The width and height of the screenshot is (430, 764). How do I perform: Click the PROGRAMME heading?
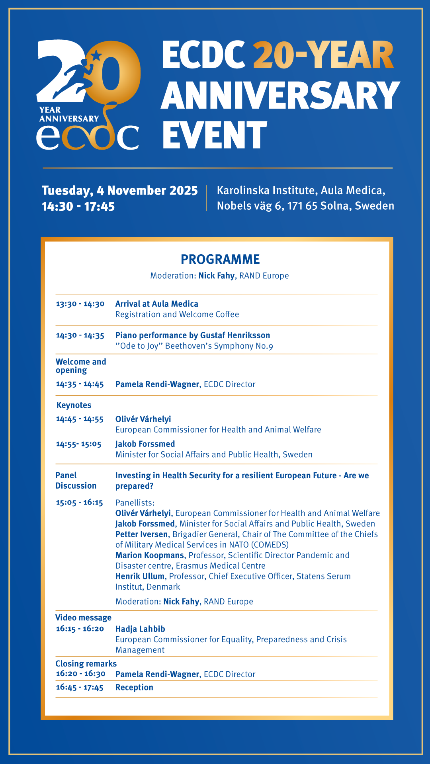click(220, 259)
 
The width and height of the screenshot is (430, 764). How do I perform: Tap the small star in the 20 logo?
click(96, 55)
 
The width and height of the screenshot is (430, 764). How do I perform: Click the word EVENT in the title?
click(215, 135)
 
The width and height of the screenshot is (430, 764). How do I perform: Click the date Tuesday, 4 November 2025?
click(119, 191)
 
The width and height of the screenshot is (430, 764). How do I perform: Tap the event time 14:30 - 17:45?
click(78, 207)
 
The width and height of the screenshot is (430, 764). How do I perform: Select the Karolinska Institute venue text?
click(301, 191)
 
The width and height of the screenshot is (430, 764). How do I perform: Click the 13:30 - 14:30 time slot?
click(80, 304)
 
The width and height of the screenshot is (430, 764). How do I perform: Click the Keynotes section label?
click(74, 405)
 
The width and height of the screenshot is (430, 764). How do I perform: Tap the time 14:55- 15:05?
click(79, 444)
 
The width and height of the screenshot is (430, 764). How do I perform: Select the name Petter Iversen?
click(141, 534)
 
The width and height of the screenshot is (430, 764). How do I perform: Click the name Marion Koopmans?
click(150, 555)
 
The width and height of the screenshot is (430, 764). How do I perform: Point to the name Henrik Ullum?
click(140, 577)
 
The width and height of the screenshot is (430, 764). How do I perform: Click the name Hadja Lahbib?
click(140, 629)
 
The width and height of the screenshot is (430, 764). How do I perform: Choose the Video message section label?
click(83, 618)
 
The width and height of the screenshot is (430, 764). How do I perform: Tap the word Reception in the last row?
click(134, 688)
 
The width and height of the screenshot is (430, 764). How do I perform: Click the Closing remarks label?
click(86, 664)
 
